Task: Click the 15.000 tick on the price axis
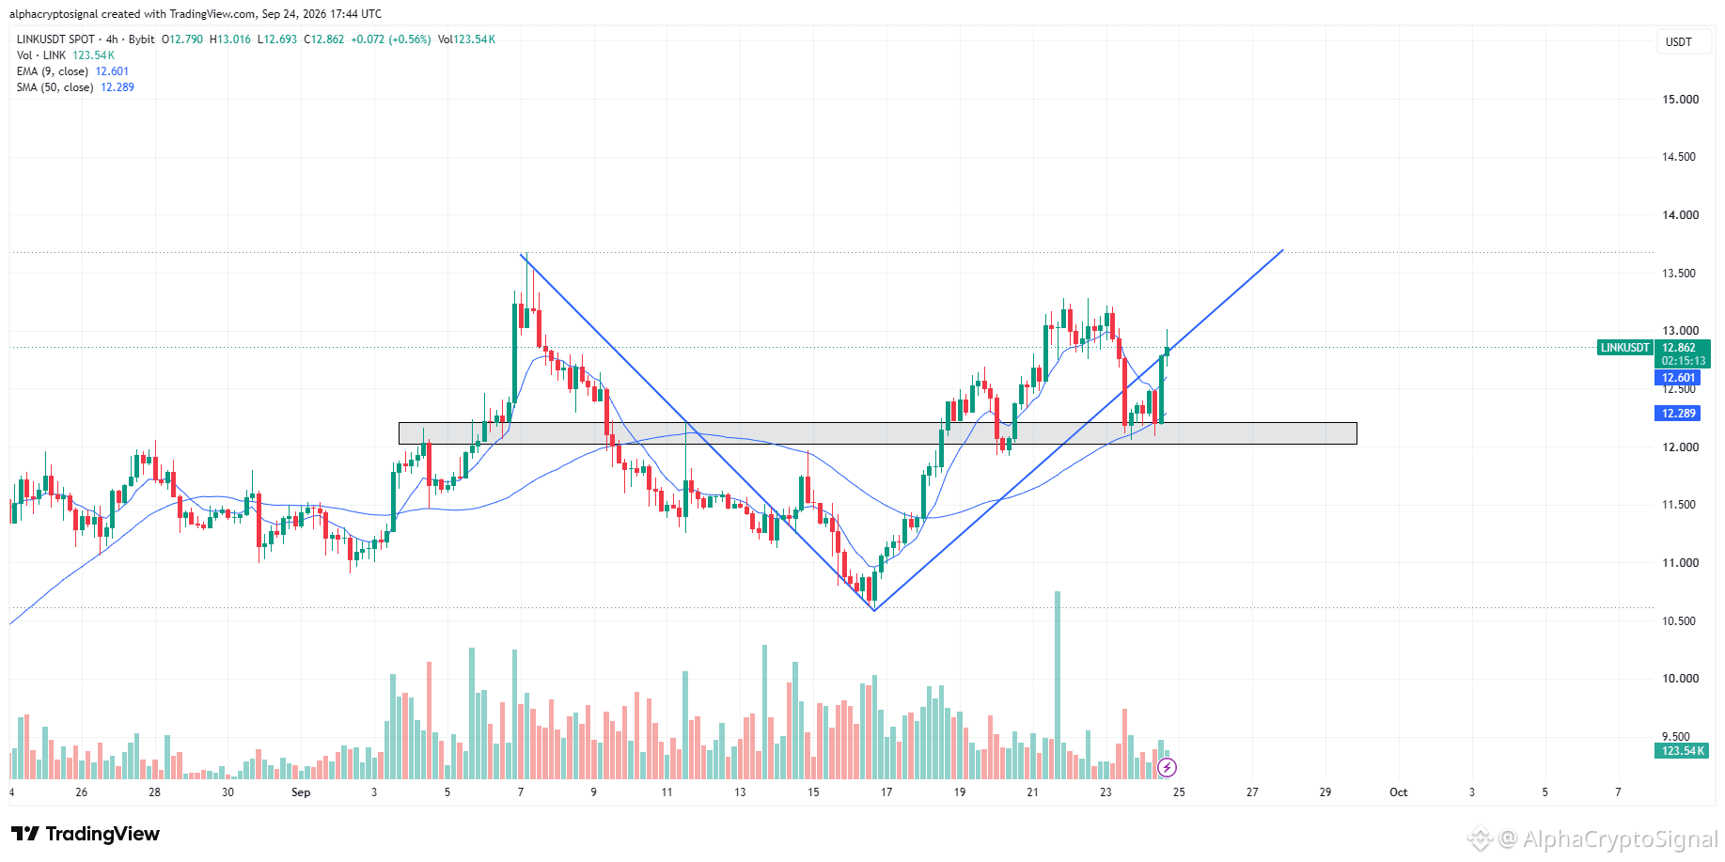[1680, 100]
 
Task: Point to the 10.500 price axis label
[1680, 621]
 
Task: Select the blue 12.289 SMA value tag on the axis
[1678, 414]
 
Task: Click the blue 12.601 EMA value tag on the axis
[1678, 378]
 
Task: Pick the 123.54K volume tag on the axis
[1682, 751]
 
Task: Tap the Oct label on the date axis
[1399, 792]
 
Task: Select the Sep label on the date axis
[301, 792]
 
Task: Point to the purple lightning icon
[1167, 768]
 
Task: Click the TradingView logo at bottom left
[86, 834]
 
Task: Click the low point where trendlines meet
[874, 611]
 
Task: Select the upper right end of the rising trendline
[1283, 250]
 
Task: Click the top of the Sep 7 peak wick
[526, 253]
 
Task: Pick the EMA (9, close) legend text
[53, 71]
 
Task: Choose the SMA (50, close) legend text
[55, 87]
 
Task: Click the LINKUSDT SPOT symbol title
[56, 39]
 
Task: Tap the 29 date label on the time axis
[1325, 792]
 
